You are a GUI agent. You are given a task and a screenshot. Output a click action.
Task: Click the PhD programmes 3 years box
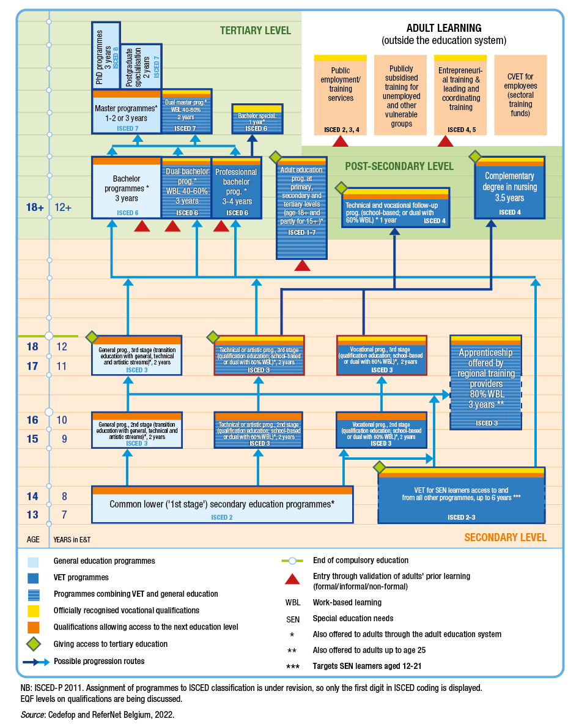coord(106,56)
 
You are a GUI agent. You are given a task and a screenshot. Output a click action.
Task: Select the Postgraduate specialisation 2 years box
coord(141,67)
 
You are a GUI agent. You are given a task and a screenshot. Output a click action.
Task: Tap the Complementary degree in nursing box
coord(510,187)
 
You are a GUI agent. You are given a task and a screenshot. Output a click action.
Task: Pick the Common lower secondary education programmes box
coord(222,504)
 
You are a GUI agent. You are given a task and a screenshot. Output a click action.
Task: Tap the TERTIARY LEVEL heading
coord(256,31)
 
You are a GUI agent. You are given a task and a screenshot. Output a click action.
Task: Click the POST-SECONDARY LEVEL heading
coord(399,166)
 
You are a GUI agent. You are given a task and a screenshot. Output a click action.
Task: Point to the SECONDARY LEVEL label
coord(505,537)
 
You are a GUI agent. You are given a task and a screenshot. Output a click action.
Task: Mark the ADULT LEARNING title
coord(444,28)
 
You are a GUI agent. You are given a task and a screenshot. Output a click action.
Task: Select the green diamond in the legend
coord(34,644)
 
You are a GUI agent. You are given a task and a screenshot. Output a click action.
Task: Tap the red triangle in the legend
coord(293,580)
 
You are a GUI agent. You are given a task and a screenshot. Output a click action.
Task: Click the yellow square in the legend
coord(34,610)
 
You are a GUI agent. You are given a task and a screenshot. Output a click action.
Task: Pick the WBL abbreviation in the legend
coord(293,602)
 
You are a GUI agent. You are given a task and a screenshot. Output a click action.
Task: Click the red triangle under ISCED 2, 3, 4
coord(341,141)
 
